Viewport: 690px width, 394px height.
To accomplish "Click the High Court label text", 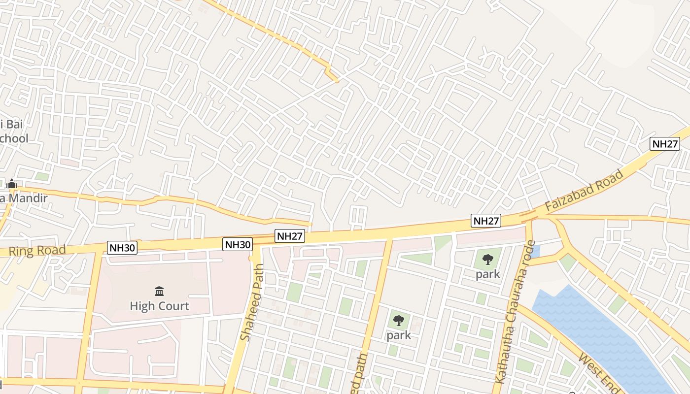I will (159, 306).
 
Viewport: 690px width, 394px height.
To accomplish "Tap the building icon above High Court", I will (159, 292).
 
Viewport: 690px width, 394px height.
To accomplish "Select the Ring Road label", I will (36, 251).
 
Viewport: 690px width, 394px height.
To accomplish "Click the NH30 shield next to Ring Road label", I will (122, 247).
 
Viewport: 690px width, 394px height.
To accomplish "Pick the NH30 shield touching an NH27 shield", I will (238, 244).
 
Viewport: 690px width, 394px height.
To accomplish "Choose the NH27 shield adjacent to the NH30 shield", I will (290, 236).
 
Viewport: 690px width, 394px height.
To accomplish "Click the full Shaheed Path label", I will (253, 302).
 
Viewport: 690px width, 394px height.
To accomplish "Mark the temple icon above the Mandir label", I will (12, 184).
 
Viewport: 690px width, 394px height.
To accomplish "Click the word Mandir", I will (27, 198).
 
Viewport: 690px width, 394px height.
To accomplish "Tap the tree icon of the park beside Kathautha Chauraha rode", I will (488, 259).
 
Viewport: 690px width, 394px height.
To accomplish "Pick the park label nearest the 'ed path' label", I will (398, 335).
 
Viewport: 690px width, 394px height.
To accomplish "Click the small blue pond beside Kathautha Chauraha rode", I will (536, 252).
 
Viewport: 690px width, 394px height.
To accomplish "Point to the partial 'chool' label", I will (14, 138).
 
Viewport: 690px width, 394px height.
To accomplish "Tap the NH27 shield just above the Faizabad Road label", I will (665, 144).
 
